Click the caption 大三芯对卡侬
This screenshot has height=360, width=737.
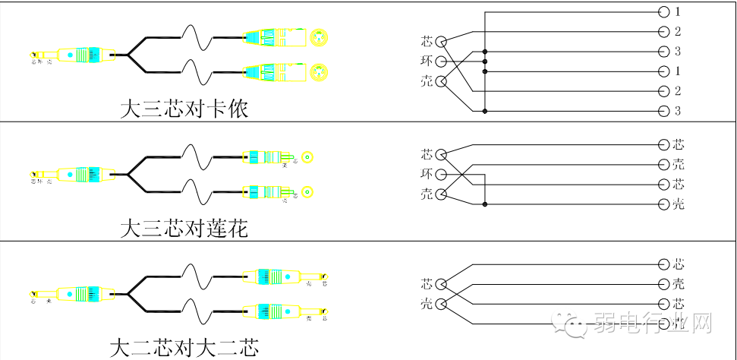point(185,109)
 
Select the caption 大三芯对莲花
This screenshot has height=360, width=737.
point(184,227)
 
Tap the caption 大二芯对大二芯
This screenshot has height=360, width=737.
point(184,349)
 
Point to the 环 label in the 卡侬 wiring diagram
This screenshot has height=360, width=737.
point(427,61)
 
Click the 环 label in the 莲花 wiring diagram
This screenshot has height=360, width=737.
point(427,174)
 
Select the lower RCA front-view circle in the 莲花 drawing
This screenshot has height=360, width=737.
point(307,191)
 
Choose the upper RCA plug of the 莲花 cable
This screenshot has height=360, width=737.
point(266,157)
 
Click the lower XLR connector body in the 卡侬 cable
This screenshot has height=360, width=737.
point(273,72)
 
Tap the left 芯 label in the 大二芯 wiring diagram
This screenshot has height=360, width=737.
point(427,284)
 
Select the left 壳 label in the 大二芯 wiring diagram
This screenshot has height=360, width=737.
point(427,304)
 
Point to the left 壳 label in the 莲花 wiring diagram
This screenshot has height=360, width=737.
point(427,194)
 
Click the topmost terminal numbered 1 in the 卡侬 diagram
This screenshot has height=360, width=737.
point(677,12)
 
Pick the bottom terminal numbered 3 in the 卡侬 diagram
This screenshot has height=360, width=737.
point(677,112)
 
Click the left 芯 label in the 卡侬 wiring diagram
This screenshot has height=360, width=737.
point(427,41)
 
